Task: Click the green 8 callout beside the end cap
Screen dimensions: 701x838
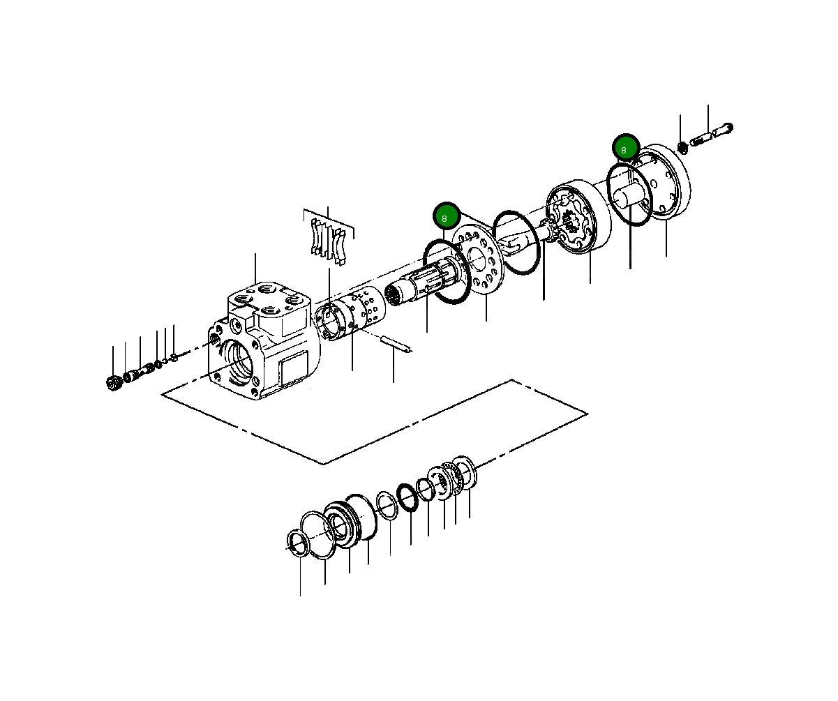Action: tap(624, 149)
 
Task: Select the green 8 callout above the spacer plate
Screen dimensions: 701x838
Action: tap(445, 218)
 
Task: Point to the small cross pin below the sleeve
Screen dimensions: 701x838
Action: tap(395, 344)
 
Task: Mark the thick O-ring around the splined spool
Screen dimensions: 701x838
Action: tap(444, 273)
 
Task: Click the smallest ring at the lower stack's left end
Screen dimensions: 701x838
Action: tap(298, 543)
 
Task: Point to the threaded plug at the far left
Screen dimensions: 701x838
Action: tap(113, 382)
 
